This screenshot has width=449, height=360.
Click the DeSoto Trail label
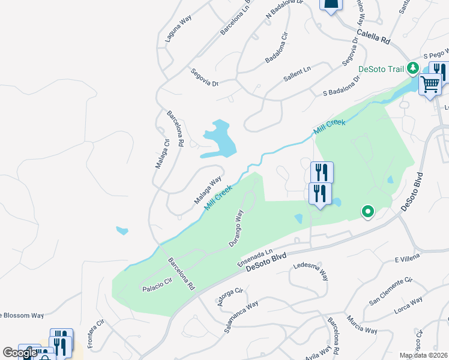click(x=381, y=69)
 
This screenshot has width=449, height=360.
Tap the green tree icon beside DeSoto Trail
click(x=413, y=68)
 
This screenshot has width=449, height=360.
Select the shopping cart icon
click(x=430, y=85)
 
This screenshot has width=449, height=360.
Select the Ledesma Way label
click(x=310, y=270)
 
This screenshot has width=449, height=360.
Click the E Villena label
click(x=405, y=260)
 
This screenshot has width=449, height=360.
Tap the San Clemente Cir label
click(x=391, y=291)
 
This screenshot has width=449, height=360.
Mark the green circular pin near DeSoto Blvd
click(x=367, y=212)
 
